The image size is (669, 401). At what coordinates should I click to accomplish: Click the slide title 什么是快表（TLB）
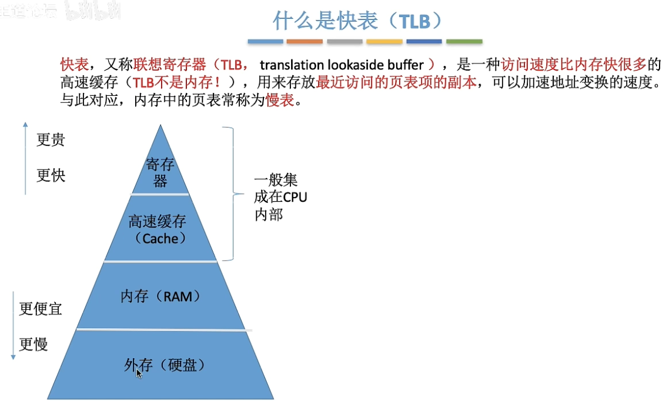358,21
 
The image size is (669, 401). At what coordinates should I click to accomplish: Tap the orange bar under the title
304,41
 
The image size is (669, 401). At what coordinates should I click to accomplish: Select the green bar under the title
464,41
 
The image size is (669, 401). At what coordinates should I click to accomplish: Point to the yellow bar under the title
384,41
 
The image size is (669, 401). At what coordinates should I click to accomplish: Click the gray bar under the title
344,41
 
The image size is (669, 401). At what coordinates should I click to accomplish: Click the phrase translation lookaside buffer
342,65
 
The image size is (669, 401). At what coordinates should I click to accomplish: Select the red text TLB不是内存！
176,82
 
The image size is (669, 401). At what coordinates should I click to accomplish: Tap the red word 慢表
280,100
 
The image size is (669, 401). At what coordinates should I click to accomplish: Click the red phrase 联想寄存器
170,65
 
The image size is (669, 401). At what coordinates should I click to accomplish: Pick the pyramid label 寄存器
160,172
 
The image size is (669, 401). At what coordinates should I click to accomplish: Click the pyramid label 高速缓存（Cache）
158,229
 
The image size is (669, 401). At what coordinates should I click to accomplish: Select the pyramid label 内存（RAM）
160,296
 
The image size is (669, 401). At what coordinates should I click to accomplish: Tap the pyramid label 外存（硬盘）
165,365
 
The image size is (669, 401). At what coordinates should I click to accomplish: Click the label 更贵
51,139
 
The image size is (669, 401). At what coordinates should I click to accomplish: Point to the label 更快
51,175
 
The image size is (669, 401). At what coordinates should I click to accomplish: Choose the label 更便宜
41,309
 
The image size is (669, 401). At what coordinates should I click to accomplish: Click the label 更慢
34,345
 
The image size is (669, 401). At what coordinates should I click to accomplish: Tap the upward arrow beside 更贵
26,158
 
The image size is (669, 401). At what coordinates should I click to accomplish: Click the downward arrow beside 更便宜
13,326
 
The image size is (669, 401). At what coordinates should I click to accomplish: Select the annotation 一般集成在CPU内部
280,197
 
